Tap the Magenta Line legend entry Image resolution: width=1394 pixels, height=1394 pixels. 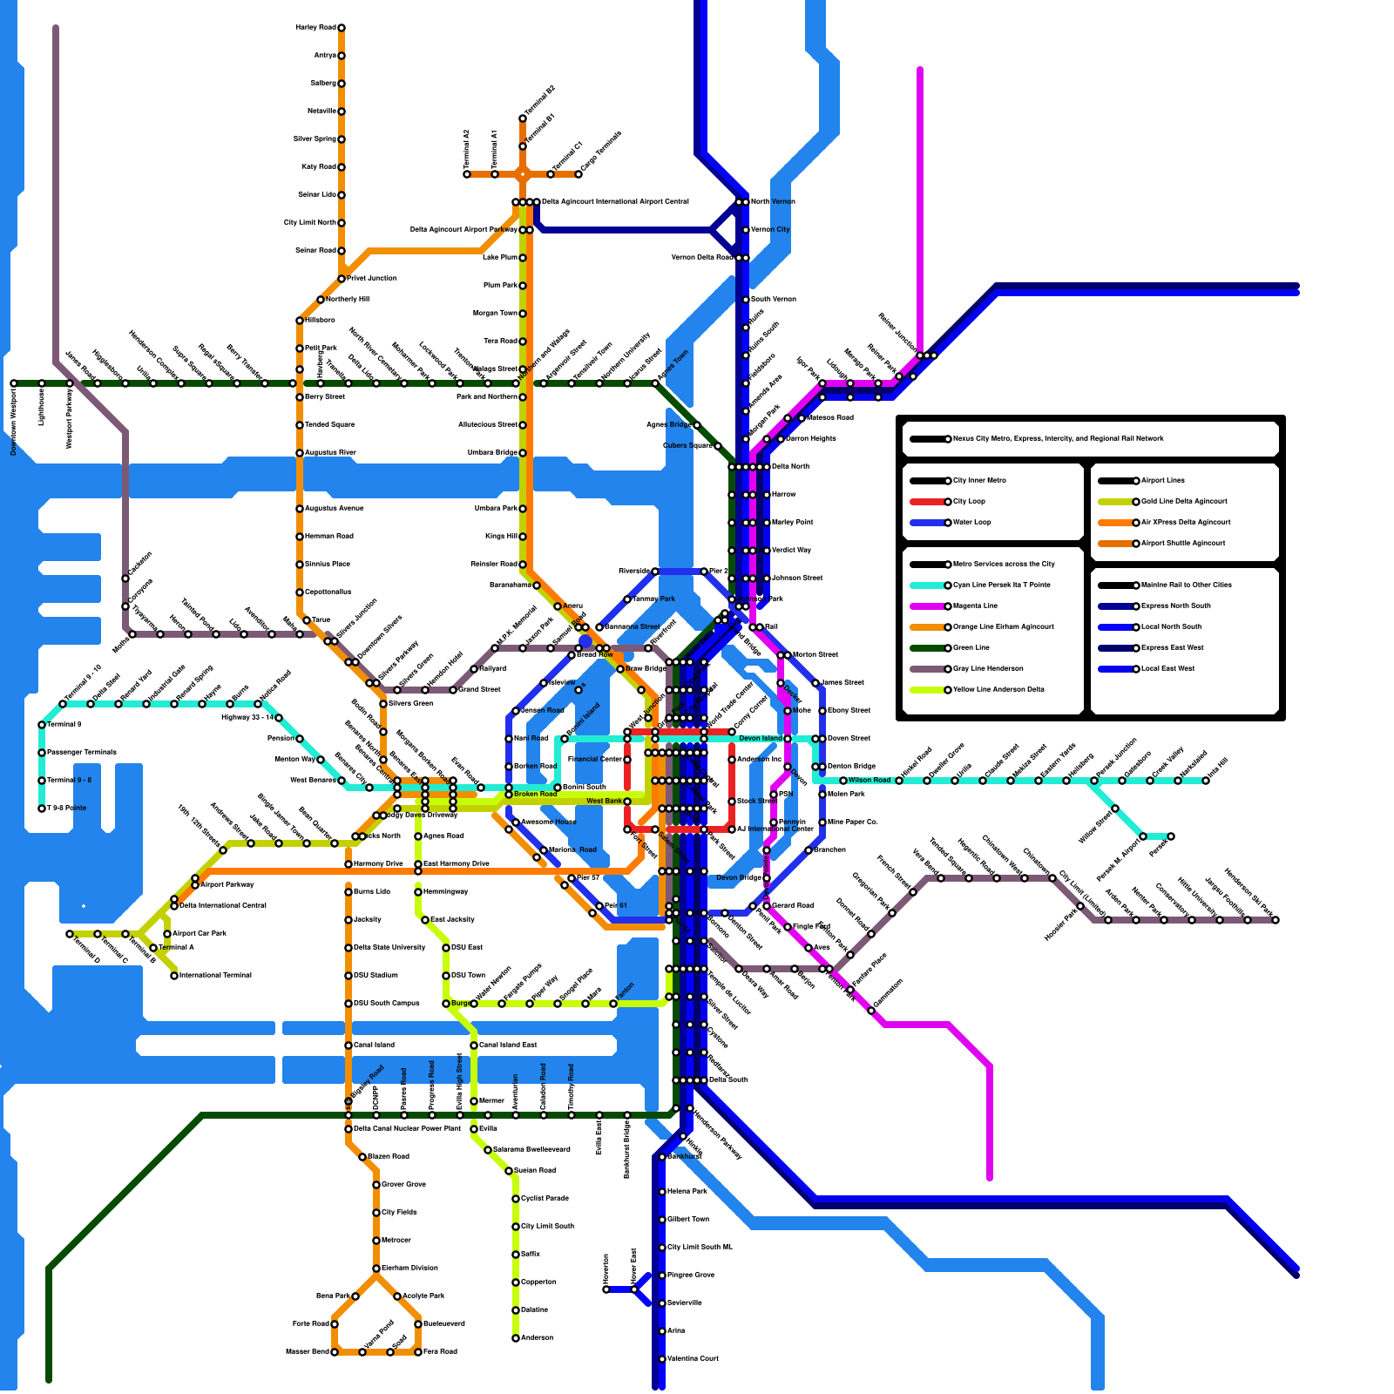(975, 606)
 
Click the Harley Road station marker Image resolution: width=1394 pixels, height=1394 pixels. (342, 28)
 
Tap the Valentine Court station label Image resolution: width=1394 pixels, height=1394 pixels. (694, 1359)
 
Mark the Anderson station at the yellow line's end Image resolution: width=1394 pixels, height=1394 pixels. (516, 1338)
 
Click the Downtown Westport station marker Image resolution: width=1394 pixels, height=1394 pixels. (14, 383)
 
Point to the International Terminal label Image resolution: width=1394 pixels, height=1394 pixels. (215, 976)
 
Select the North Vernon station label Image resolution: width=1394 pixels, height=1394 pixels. (773, 202)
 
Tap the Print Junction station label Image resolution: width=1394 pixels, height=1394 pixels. (372, 279)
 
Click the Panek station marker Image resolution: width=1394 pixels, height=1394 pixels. (1171, 836)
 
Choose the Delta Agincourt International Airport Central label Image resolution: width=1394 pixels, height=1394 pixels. (615, 202)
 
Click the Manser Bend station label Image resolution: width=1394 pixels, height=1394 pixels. (307, 1352)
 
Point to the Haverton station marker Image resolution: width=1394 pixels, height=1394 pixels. (606, 1289)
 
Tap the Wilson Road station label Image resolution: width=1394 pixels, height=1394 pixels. (870, 781)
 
